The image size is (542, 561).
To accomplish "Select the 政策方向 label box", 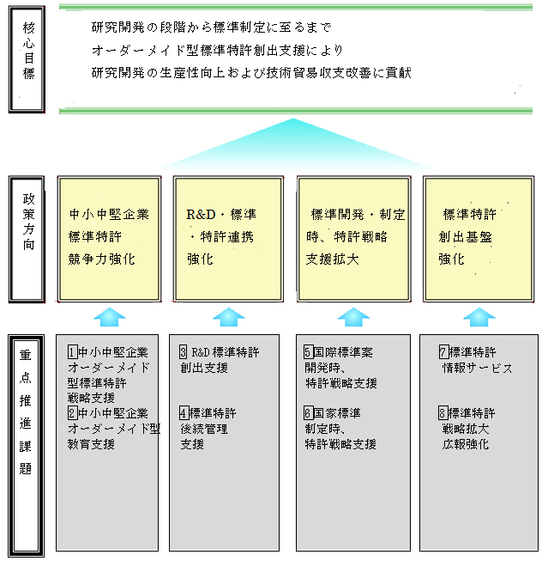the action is pyautogui.click(x=29, y=239).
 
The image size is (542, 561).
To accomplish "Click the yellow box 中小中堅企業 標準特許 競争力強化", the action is pyautogui.click(x=109, y=238).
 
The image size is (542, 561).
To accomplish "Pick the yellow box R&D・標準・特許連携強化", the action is pyautogui.click(x=228, y=238).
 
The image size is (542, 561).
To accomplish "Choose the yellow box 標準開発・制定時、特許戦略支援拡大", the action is pyautogui.click(x=353, y=238).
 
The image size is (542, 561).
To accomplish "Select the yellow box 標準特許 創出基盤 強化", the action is pyautogui.click(x=474, y=238).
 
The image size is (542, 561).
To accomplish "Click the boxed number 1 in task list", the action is pyautogui.click(x=72, y=352).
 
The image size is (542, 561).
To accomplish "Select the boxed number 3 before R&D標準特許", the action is pyautogui.click(x=184, y=352).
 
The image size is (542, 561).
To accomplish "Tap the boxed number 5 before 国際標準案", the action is pyautogui.click(x=309, y=352).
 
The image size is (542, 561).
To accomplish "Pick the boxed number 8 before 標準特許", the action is pyautogui.click(x=443, y=413).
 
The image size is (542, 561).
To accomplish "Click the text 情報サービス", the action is pyautogui.click(x=477, y=368).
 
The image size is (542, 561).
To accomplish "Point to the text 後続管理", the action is pyautogui.click(x=203, y=429).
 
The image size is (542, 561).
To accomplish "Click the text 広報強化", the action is pyautogui.click(x=465, y=444).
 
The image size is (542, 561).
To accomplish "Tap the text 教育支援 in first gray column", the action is pyautogui.click(x=91, y=444).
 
